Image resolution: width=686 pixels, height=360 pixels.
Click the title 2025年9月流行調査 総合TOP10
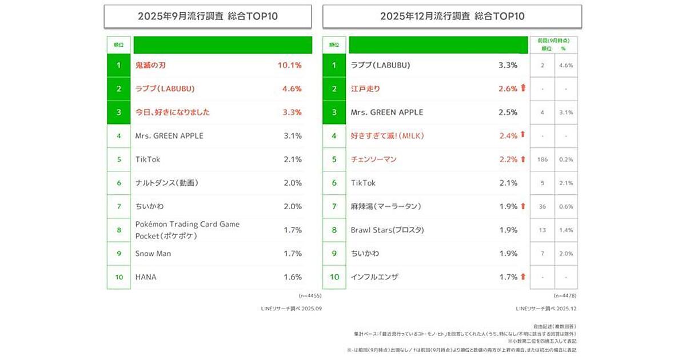pos(208,16)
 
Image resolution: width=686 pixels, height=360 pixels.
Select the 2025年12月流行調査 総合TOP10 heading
pos(452,16)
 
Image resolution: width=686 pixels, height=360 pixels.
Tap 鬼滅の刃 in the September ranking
pos(150,65)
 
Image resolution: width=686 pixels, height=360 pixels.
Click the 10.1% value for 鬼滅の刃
pos(289,65)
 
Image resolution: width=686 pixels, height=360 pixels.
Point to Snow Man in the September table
pos(153,253)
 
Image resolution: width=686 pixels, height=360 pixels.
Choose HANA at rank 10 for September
pos(146,277)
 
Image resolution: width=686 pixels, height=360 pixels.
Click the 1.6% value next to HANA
pos(292,277)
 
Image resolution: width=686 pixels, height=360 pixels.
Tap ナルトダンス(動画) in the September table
pos(166,183)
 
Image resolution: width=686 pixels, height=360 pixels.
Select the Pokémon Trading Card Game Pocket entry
pos(188,230)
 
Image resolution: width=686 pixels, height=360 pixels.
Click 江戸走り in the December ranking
pos(365,89)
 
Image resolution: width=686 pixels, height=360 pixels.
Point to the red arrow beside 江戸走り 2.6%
pos(523,89)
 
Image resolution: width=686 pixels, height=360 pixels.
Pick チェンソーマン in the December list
pos(373,159)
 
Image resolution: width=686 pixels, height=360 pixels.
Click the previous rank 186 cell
pos(542,159)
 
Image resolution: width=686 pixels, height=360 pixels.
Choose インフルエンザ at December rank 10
pos(374,277)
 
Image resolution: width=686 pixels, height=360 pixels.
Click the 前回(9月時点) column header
pos(553,41)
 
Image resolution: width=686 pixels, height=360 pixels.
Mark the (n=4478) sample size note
pos(565,296)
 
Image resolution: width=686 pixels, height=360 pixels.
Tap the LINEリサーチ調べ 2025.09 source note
pos(291,309)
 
